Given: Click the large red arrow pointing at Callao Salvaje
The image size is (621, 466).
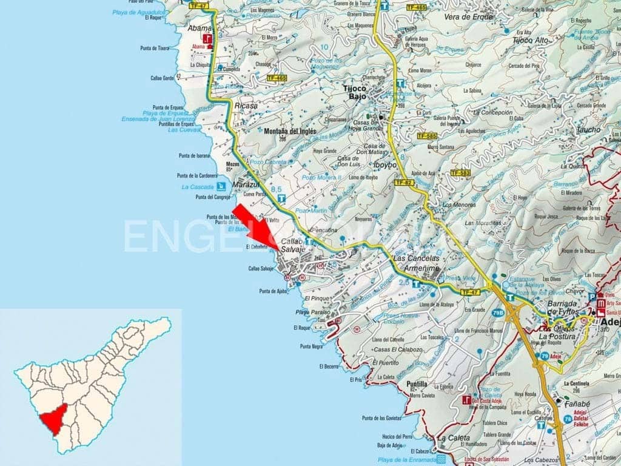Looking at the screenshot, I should click(x=255, y=227).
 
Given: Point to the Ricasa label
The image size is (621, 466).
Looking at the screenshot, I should click(x=246, y=106).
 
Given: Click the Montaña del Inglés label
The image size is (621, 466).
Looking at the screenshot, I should click(x=290, y=130).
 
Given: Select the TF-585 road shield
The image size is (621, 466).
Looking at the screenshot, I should click(x=428, y=136).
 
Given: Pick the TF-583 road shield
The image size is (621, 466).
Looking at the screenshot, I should click(x=460, y=173).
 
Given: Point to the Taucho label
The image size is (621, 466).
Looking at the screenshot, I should click(x=589, y=129).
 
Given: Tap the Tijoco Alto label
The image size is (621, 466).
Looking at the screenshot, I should click(x=530, y=40).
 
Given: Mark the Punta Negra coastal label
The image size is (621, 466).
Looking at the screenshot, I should click(x=311, y=346).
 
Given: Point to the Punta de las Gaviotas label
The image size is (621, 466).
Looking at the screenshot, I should click(x=381, y=418).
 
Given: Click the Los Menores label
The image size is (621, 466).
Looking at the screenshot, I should click(x=459, y=205).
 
